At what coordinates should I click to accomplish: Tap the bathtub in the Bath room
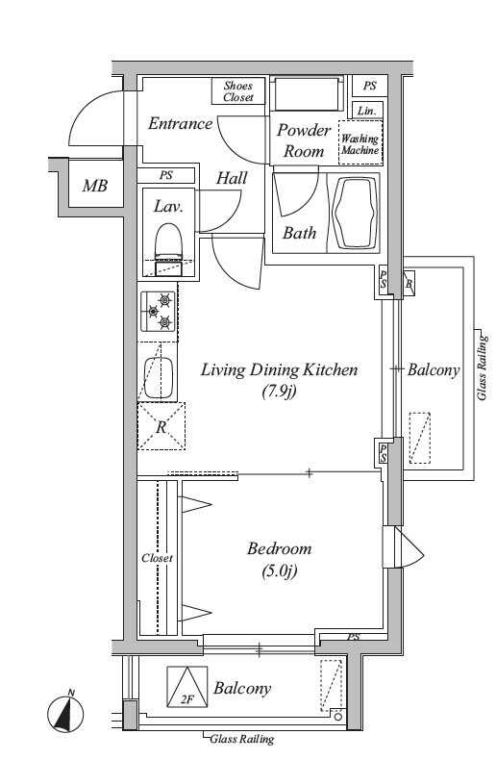click(353, 212)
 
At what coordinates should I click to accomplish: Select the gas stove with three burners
click(159, 311)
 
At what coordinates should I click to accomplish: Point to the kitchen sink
click(159, 378)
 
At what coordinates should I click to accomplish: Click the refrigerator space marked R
click(161, 426)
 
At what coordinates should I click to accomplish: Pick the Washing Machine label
click(360, 144)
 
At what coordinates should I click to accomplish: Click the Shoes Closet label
click(238, 91)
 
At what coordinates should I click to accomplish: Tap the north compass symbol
click(66, 713)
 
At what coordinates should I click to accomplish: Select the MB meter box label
click(95, 186)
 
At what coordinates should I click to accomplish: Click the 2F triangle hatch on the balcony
click(187, 687)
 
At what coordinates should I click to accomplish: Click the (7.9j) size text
click(279, 391)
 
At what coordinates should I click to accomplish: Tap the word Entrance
click(180, 123)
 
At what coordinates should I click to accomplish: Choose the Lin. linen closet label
click(366, 111)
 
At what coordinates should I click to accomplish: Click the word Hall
click(232, 178)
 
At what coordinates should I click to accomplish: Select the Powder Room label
click(304, 140)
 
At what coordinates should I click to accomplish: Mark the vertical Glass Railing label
click(483, 367)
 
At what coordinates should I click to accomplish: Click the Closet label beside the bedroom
click(157, 558)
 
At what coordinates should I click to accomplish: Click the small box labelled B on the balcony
click(409, 284)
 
